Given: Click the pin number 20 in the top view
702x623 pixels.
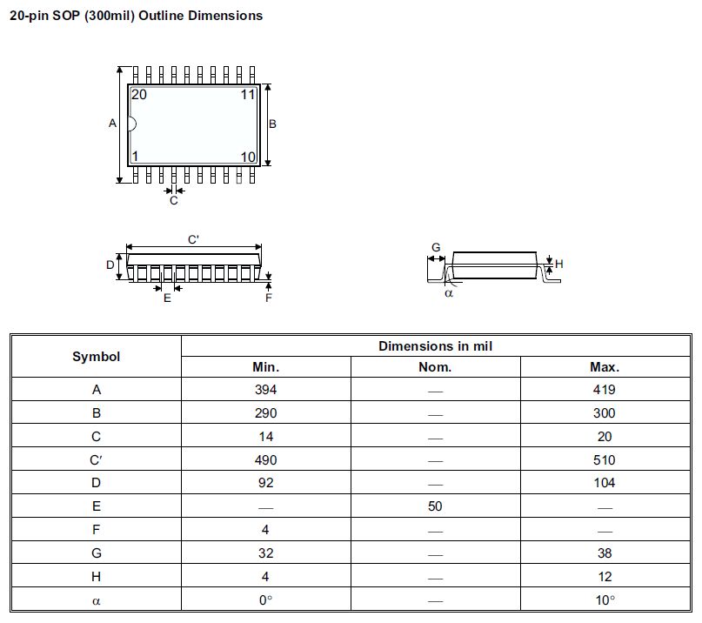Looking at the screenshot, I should [139, 95].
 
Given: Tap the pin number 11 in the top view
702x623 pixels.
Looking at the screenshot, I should [248, 95].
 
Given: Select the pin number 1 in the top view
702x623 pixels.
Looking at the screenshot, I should [135, 157].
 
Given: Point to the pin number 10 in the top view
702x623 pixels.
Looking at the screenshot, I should [248, 157].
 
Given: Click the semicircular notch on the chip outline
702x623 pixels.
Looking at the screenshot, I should [132, 124].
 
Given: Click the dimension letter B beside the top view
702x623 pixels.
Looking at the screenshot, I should [272, 124].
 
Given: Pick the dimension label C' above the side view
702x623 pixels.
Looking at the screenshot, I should [194, 238].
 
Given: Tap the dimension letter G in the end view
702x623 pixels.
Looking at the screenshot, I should [436, 248].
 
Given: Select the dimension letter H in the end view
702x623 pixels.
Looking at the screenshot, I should [559, 264].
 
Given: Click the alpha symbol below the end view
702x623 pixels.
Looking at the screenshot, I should [449, 293].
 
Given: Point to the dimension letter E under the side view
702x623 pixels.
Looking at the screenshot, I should [167, 298].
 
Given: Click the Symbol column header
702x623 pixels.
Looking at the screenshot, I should [96, 356].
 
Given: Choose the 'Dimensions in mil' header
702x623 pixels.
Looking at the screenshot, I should [436, 345].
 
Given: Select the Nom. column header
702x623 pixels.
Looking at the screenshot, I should [435, 367].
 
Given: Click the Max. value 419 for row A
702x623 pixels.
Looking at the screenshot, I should [605, 390].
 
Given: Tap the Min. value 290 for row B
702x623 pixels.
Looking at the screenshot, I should [265, 413].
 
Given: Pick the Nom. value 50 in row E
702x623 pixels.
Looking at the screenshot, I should [435, 506].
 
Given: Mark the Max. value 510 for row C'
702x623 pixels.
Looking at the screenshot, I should [605, 459].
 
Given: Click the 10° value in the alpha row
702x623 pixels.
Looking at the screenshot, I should [605, 599].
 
